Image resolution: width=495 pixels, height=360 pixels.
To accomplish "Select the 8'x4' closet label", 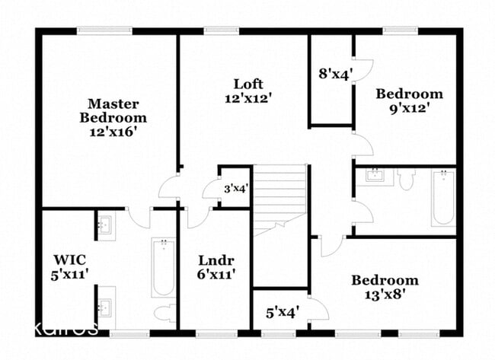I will click(334, 75).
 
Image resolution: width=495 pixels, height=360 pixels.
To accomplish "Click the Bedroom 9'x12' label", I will click(409, 100).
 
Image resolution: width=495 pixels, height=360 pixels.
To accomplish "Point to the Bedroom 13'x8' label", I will click(384, 288).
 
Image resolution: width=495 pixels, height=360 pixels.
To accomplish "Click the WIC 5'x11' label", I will click(67, 262).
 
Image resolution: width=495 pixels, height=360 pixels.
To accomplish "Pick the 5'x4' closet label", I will click(282, 311).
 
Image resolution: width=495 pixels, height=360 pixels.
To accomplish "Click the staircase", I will click(279, 201).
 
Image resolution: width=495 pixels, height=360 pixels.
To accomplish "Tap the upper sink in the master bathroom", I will click(105, 225).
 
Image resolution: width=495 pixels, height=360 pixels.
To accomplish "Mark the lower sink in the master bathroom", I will click(105, 307).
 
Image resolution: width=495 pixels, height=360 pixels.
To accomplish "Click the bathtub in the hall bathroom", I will click(442, 198).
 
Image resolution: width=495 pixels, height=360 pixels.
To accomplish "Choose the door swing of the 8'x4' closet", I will click(362, 68).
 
